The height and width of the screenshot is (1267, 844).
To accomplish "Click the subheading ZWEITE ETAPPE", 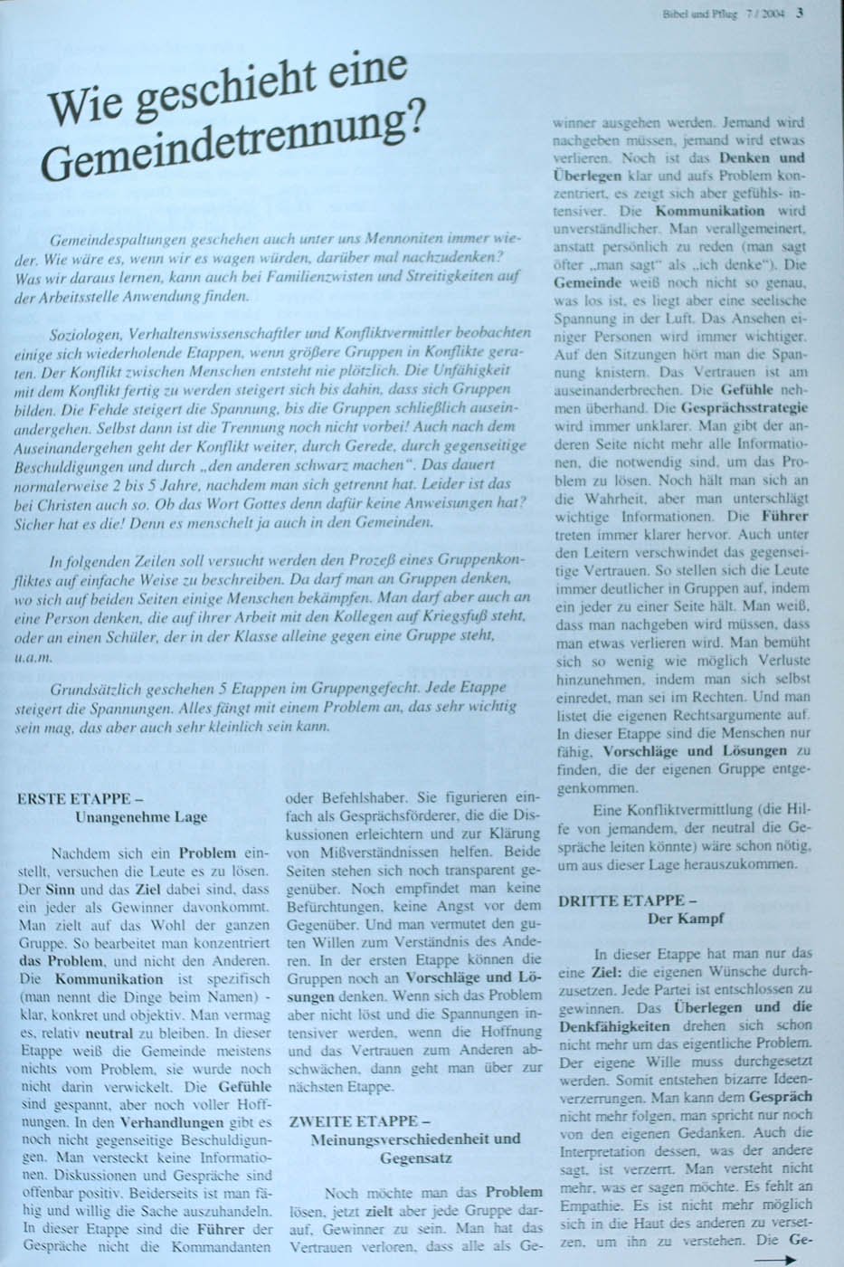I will tap(352, 1121).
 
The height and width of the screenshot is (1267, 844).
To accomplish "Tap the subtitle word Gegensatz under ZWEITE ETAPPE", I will tap(415, 1157).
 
